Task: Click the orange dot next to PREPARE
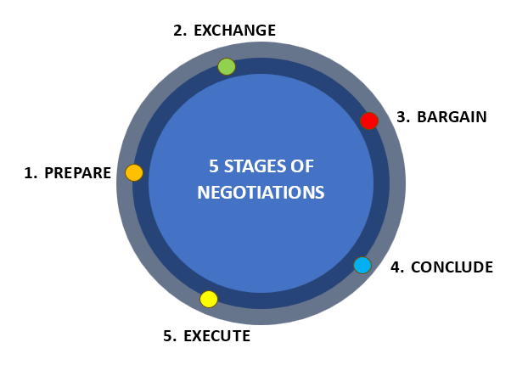pyautogui.click(x=134, y=173)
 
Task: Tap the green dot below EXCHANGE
pyautogui.click(x=227, y=66)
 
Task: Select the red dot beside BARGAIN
pyautogui.click(x=369, y=121)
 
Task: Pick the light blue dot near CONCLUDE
pyautogui.click(x=362, y=265)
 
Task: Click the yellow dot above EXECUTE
pyautogui.click(x=209, y=299)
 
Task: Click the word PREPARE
pyautogui.click(x=77, y=173)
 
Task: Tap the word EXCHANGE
pyautogui.click(x=234, y=31)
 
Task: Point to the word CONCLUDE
pyautogui.click(x=452, y=267)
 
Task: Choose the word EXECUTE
pyautogui.click(x=216, y=336)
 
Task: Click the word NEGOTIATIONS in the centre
pyautogui.click(x=261, y=193)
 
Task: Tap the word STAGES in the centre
pyautogui.click(x=254, y=166)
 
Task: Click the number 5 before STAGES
pyautogui.click(x=214, y=166)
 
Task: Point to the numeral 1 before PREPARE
pyautogui.click(x=29, y=173)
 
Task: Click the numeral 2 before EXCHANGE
pyautogui.click(x=178, y=31)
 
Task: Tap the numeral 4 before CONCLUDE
pyautogui.click(x=396, y=267)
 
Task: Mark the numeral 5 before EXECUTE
pyautogui.click(x=168, y=336)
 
